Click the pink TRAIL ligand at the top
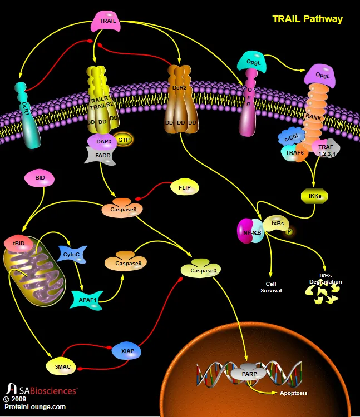(107, 21)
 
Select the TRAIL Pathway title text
(307, 19)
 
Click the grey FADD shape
(100, 156)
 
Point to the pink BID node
(40, 178)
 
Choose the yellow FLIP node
(184, 187)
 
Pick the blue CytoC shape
(71, 254)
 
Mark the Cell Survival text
(271, 287)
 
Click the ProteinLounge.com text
(34, 406)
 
